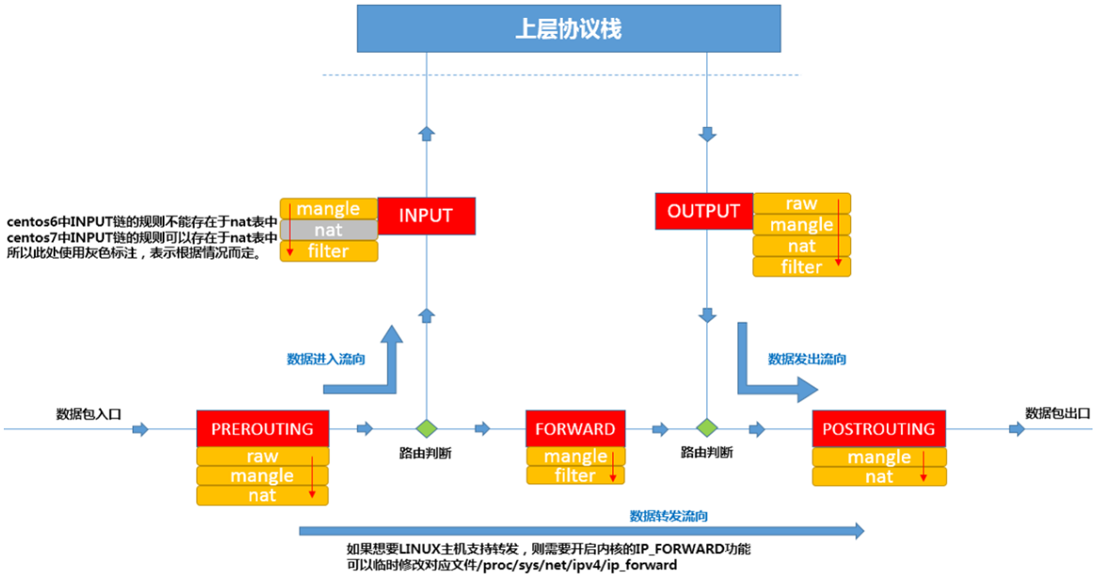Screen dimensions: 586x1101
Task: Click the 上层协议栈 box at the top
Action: point(569,28)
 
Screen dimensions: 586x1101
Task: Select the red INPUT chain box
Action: point(426,215)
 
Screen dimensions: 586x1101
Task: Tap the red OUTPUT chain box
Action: point(703,212)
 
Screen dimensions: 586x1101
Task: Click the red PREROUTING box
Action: point(262,429)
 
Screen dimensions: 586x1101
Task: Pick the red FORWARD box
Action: point(574,429)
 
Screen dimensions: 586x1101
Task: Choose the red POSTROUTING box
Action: point(878,429)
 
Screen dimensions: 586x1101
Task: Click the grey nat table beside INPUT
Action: point(329,230)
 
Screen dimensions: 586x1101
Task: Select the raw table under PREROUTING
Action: point(262,456)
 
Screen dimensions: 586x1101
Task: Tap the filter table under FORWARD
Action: point(574,476)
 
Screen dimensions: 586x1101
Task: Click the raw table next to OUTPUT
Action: point(801,203)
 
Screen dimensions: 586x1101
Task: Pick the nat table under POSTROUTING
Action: point(878,477)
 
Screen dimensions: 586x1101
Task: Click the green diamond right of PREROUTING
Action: point(427,429)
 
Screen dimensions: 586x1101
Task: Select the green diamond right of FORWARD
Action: point(706,429)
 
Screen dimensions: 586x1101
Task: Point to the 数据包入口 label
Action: point(89,413)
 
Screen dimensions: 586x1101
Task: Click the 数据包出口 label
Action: point(1057,413)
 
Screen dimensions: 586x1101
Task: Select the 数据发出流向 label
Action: point(807,358)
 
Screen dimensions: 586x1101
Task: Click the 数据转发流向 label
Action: point(668,515)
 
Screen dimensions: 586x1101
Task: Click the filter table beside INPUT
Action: point(329,251)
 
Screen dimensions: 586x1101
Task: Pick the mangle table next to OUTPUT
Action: point(801,225)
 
